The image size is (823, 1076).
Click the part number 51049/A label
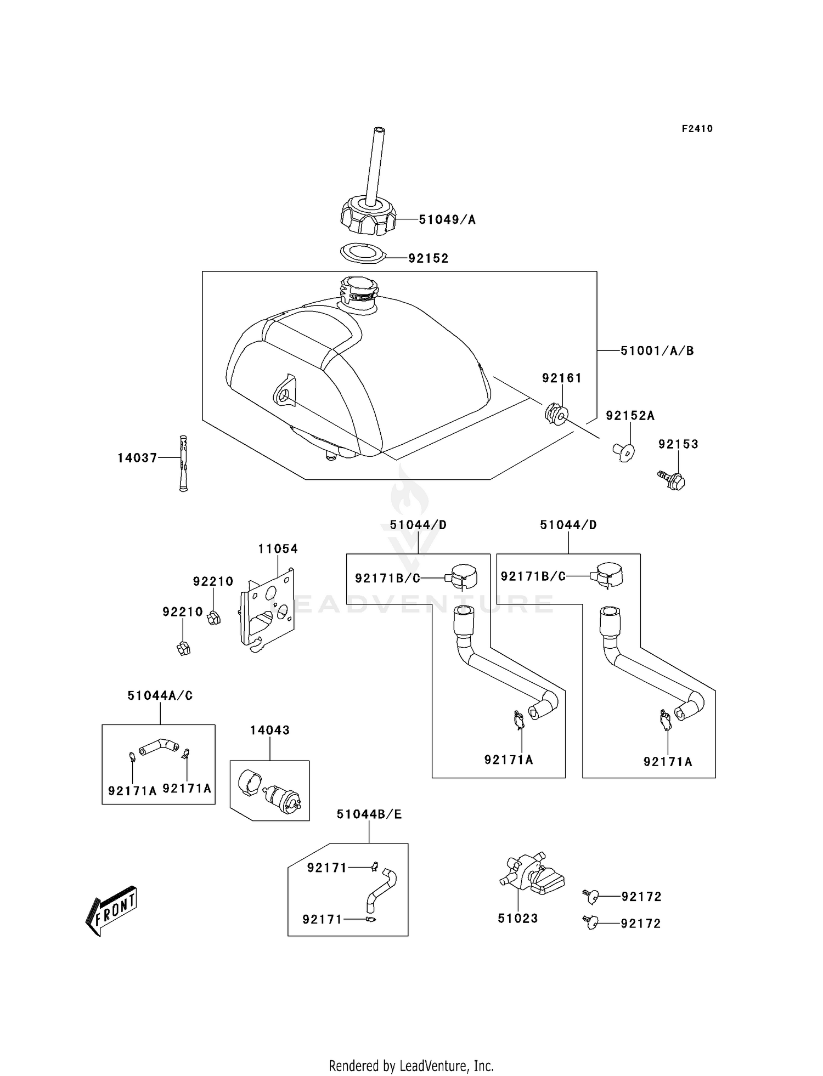point(447,220)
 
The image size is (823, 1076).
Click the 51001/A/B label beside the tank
point(657,350)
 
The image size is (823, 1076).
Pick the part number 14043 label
point(269,730)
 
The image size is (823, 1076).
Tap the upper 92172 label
point(641,896)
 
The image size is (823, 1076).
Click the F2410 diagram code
point(697,129)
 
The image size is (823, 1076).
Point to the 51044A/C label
point(160,695)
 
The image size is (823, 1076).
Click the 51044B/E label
point(369,814)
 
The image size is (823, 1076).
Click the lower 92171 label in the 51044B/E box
point(322,919)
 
